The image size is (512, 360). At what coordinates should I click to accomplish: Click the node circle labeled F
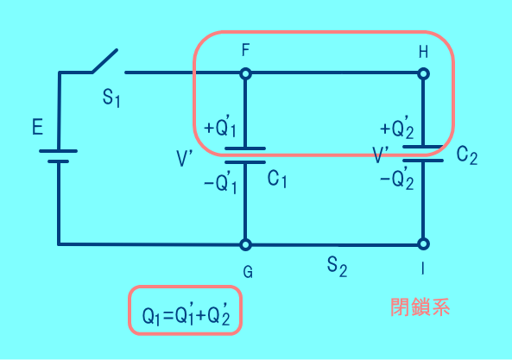[x=245, y=73]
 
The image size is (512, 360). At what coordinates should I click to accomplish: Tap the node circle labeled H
[x=424, y=73]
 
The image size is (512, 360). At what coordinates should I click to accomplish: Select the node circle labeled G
[x=245, y=244]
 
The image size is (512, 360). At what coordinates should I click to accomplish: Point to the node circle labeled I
[x=424, y=243]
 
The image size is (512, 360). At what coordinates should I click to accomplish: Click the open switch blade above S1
[x=104, y=61]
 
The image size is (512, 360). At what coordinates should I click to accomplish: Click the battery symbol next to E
[x=58, y=156]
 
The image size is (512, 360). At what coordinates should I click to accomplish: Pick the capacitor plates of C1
[x=245, y=155]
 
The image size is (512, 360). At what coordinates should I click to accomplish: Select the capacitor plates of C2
[x=423, y=154]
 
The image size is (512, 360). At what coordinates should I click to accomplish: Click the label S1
[x=111, y=98]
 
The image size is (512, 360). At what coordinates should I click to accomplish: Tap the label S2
[x=337, y=267]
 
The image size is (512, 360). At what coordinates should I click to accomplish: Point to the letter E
[x=37, y=127]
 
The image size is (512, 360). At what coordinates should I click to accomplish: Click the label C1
[x=277, y=180]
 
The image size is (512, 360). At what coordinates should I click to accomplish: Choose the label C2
[x=467, y=155]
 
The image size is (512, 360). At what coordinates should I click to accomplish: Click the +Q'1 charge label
[x=220, y=127]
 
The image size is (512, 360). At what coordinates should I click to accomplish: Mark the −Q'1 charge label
[x=220, y=183]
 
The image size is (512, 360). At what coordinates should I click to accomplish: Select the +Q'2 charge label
[x=397, y=129]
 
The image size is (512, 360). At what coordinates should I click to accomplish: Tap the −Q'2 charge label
[x=397, y=180]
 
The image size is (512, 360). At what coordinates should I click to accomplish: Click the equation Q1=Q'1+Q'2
[x=186, y=314]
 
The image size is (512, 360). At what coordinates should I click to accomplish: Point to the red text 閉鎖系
[x=420, y=307]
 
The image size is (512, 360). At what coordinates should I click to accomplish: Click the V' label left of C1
[x=185, y=159]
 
